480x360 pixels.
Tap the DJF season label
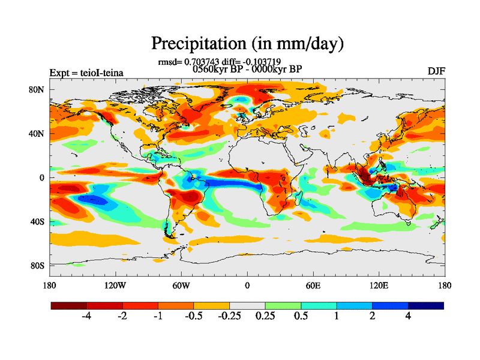[436, 71]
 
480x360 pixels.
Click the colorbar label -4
[86, 317]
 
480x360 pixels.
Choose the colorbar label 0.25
[265, 317]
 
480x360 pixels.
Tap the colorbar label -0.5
[194, 317]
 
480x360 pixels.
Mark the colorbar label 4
[409, 317]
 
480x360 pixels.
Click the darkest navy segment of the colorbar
[426, 305]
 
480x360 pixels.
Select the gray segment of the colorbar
[247, 305]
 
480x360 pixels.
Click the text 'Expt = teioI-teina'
[86, 73]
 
